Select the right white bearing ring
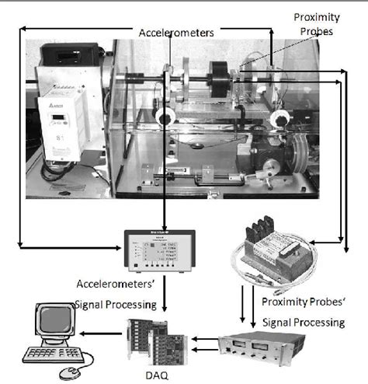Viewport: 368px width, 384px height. (x=281, y=117)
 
